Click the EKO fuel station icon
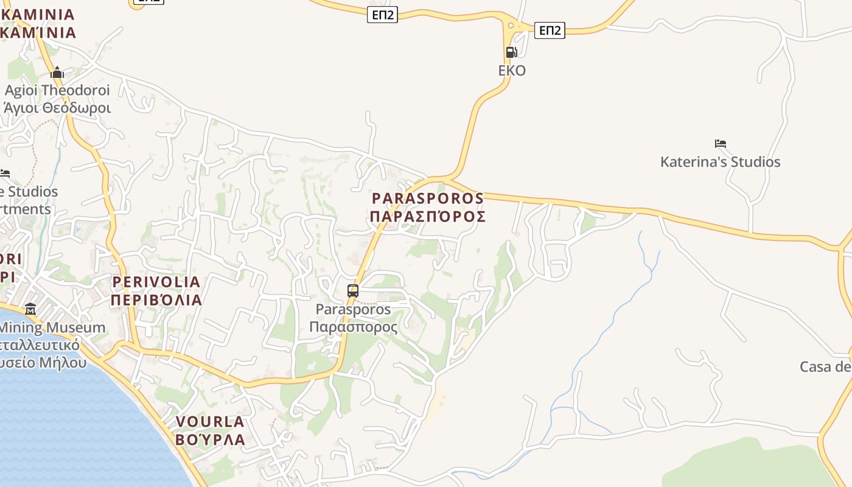(x=511, y=52)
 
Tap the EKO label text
(x=512, y=71)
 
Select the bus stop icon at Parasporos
(x=353, y=290)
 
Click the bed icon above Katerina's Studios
(x=721, y=144)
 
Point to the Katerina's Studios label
(x=720, y=162)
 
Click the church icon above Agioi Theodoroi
(x=57, y=73)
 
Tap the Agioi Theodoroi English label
(x=58, y=91)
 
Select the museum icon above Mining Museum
(x=30, y=309)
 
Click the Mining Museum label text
(x=52, y=328)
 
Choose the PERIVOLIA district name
(x=156, y=282)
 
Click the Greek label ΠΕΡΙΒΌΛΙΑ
(x=156, y=300)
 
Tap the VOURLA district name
(x=210, y=421)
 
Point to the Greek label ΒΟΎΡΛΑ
(x=210, y=439)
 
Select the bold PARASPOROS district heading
(x=428, y=198)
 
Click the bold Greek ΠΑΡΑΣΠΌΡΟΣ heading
(x=428, y=217)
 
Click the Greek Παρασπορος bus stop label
(x=353, y=327)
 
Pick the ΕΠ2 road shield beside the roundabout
(x=550, y=30)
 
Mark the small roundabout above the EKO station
(x=511, y=26)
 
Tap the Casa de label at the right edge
(x=825, y=367)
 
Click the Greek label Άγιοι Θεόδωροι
(x=58, y=108)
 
